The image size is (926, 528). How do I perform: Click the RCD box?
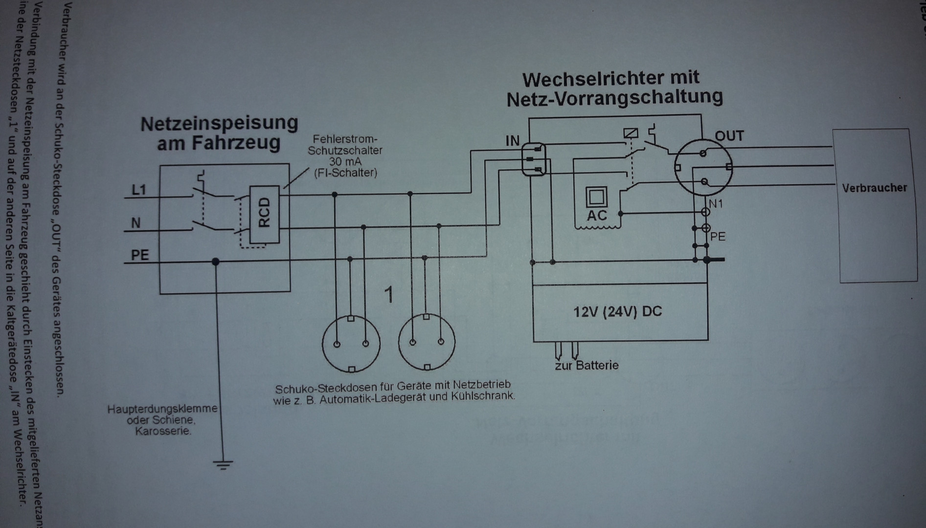(x=264, y=214)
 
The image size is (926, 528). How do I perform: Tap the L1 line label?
(x=139, y=190)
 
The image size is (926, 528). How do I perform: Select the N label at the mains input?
(x=136, y=223)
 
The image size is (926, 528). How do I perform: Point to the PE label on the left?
(x=139, y=255)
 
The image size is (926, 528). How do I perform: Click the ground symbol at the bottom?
(x=223, y=464)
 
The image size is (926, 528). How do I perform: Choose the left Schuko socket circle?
(x=351, y=343)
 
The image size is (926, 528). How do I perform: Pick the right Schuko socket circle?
(x=427, y=342)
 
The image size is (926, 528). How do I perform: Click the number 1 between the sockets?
(x=389, y=295)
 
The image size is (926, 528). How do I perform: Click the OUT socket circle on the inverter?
(x=703, y=167)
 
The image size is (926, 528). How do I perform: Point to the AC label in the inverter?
(x=597, y=216)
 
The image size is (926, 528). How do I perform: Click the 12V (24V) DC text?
(x=617, y=311)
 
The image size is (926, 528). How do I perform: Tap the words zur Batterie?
(x=587, y=366)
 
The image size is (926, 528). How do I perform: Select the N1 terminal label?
(x=716, y=203)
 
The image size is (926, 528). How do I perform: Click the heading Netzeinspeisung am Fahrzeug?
(x=219, y=132)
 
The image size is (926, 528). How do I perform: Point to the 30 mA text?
(x=345, y=162)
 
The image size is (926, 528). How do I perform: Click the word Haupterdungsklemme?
(x=162, y=408)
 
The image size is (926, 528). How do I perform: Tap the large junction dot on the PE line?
(x=215, y=262)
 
